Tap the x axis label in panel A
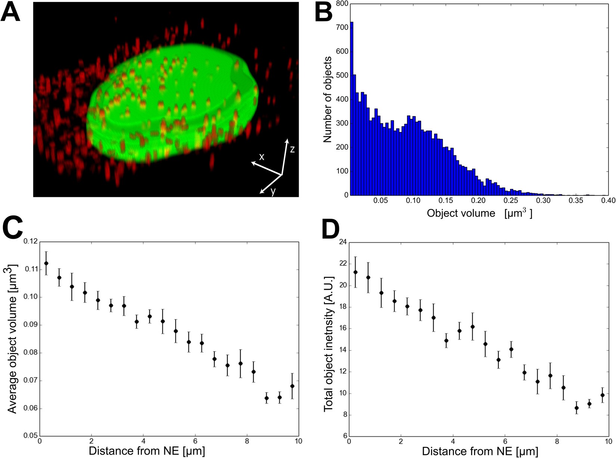click(x=262, y=157)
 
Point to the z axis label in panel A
click(x=292, y=149)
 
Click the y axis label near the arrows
click(x=273, y=191)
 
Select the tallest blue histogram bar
click(x=352, y=108)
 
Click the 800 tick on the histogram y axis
click(x=342, y=4)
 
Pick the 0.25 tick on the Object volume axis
click(x=511, y=201)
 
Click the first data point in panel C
click(x=46, y=263)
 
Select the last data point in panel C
click(x=292, y=386)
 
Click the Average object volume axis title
click(x=12, y=339)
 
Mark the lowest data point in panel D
click(x=576, y=408)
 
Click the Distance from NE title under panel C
click(x=147, y=451)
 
